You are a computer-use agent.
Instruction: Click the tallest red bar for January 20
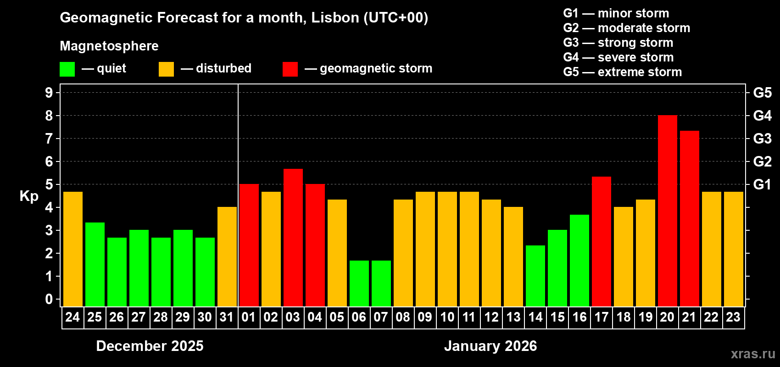[x=667, y=211]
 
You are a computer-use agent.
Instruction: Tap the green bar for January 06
[x=359, y=284]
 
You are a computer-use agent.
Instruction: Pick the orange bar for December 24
[x=72, y=249]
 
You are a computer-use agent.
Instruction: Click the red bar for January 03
[x=293, y=238]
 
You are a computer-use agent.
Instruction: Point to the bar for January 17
[x=601, y=241]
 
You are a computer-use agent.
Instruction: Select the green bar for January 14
[x=535, y=276]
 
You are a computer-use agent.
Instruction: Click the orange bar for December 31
[x=227, y=256]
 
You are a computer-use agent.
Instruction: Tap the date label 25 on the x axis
[x=95, y=317]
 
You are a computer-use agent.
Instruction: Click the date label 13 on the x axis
[x=513, y=317]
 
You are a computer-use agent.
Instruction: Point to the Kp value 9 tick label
[x=49, y=93]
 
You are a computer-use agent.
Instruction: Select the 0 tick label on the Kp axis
[x=49, y=300]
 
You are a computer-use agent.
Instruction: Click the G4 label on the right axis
[x=762, y=116]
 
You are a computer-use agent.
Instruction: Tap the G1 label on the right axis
[x=762, y=184]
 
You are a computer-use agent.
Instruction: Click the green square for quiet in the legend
[x=67, y=69]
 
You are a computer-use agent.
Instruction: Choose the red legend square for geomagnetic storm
[x=290, y=69]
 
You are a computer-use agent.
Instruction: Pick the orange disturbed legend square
[x=166, y=69]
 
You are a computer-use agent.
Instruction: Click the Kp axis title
[x=29, y=196]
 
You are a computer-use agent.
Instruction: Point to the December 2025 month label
[x=150, y=346]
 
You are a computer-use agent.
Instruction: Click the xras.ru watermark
[x=752, y=354]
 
